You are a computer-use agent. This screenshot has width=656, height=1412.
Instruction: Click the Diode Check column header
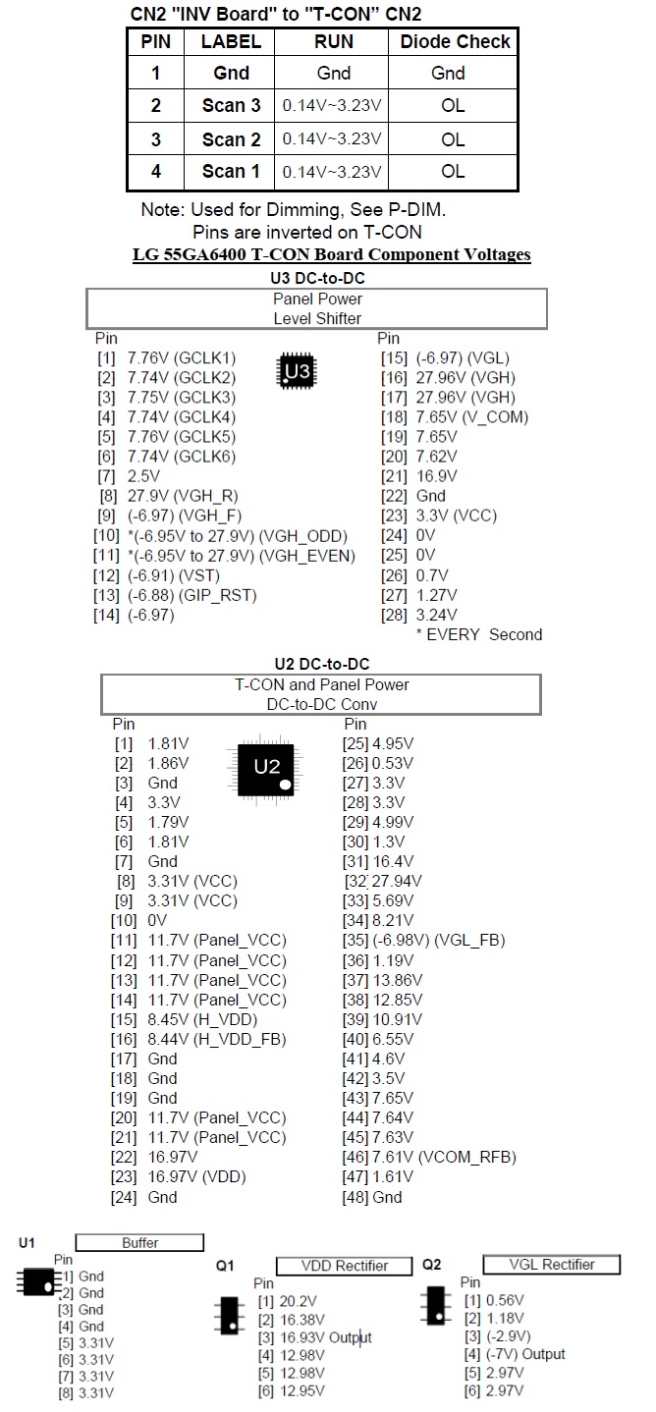tap(455, 42)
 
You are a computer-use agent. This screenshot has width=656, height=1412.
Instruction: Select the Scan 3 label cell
tap(232, 105)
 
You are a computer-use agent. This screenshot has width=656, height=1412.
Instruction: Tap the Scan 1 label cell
tap(232, 171)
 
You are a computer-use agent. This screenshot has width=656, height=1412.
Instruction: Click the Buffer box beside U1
tap(139, 1243)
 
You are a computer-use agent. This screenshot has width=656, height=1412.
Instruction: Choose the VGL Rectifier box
tap(552, 1264)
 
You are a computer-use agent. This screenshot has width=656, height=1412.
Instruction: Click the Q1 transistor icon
tap(229, 1315)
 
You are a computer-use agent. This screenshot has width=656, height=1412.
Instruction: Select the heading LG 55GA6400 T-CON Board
tap(332, 255)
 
